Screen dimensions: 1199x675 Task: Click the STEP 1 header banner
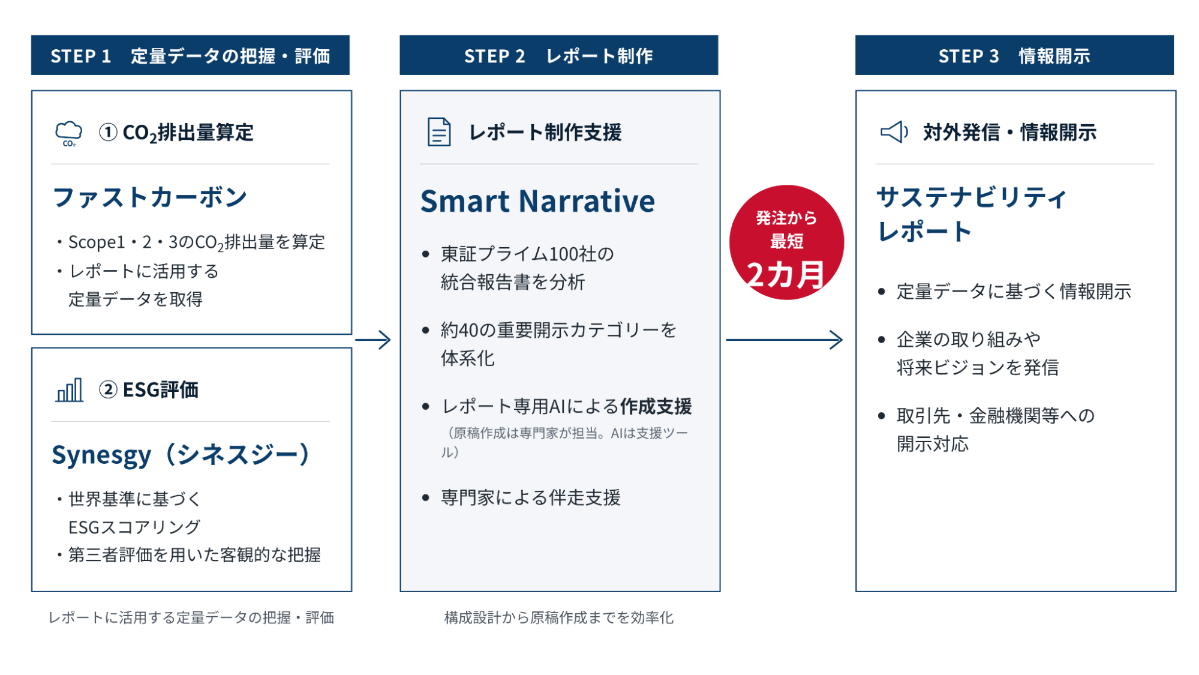point(190,55)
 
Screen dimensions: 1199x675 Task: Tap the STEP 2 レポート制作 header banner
point(558,55)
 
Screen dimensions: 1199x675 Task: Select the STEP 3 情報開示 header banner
point(1014,55)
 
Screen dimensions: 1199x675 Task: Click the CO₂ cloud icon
point(69,133)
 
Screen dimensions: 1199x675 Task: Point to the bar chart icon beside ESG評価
point(70,390)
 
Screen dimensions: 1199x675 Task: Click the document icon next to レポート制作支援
point(439,132)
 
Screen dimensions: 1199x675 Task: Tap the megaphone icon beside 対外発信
point(894,132)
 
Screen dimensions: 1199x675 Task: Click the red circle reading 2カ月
point(786,242)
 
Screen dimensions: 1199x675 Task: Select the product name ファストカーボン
point(150,197)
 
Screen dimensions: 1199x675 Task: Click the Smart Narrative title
point(537,201)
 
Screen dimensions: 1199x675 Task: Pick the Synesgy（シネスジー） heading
point(181,455)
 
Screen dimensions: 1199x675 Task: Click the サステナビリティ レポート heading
point(972,214)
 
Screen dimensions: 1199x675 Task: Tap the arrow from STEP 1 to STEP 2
point(373,340)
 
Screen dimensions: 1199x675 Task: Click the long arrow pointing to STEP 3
point(785,340)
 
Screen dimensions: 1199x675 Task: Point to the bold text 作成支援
point(656,406)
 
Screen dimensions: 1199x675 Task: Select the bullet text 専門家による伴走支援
point(531,497)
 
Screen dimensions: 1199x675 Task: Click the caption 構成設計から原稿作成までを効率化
point(559,617)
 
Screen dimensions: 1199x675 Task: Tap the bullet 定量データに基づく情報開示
point(1014,292)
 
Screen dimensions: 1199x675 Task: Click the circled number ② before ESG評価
point(108,390)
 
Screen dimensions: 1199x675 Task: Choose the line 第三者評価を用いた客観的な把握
point(194,555)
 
